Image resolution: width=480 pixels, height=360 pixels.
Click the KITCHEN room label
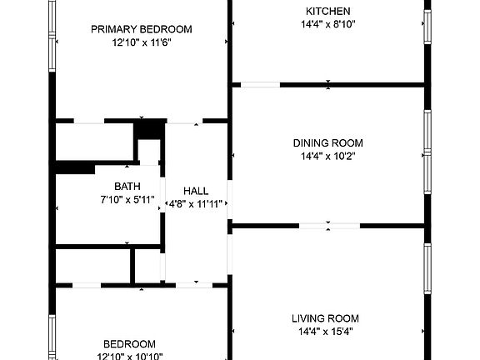pyautogui.click(x=327, y=12)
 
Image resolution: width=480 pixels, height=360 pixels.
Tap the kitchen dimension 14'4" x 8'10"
pyautogui.click(x=327, y=24)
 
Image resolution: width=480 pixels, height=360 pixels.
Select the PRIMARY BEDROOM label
pyautogui.click(x=142, y=29)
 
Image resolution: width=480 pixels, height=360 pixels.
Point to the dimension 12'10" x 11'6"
pyautogui.click(x=142, y=42)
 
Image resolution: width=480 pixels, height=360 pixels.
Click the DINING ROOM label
pyautogui.click(x=327, y=143)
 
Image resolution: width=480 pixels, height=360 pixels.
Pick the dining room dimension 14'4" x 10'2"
pyautogui.click(x=327, y=157)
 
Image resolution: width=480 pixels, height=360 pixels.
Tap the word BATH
pyautogui.click(x=127, y=187)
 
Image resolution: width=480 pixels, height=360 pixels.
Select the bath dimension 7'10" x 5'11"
pyautogui.click(x=127, y=200)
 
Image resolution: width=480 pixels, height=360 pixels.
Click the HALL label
pyautogui.click(x=196, y=191)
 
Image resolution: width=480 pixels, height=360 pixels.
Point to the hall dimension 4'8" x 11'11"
pyautogui.click(x=196, y=204)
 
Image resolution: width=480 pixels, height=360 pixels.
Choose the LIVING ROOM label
pyautogui.click(x=325, y=318)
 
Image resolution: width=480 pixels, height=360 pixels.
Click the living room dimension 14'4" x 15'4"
pyautogui.click(x=326, y=332)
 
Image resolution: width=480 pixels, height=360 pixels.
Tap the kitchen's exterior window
pyautogui.click(x=427, y=27)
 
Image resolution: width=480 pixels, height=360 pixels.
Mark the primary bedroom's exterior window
pyautogui.click(x=52, y=36)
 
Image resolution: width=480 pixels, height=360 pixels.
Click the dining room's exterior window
pyautogui.click(x=427, y=152)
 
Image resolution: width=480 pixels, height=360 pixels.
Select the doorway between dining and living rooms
pyautogui.click(x=329, y=226)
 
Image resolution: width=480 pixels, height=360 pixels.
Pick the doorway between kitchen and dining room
pyautogui.click(x=261, y=85)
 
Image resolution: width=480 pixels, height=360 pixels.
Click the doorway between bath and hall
pyautogui.click(x=162, y=195)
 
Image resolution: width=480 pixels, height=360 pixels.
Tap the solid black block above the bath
pyautogui.click(x=150, y=129)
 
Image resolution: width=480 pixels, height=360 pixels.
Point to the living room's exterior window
pyautogui.click(x=427, y=269)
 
